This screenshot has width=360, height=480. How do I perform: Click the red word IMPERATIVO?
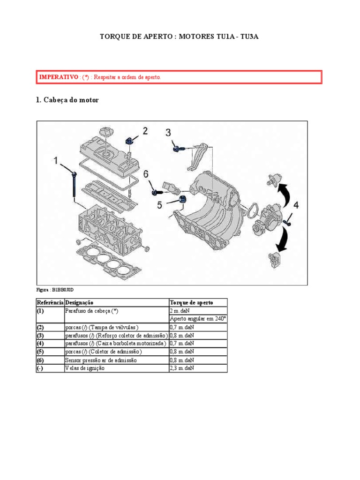point(58,76)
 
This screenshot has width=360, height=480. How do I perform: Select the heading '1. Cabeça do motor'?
point(67,100)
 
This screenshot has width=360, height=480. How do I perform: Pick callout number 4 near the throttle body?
point(296,205)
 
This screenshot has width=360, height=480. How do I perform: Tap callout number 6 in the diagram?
point(146,174)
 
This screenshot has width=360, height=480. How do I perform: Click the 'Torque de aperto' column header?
point(191,302)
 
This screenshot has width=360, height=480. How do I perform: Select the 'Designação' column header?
point(80,302)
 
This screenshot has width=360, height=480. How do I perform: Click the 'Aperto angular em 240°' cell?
point(197,318)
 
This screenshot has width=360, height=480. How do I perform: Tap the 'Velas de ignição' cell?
point(85,368)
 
